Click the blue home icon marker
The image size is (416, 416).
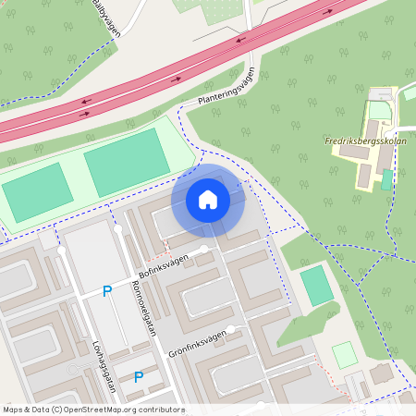pos(208,200)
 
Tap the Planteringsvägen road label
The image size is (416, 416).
pos(226,92)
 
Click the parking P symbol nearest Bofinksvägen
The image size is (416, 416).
pos(107,291)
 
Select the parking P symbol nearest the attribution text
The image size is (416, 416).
pos(139,376)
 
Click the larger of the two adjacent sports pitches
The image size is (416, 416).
pos(127,162)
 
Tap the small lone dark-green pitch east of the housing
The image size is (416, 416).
pos(317,286)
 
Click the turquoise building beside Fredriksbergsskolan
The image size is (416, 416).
pos(386,179)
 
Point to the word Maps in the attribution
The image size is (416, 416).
pos(14,410)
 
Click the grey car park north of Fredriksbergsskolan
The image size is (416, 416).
pos(380,110)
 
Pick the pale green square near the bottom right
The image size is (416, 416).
pos(344,355)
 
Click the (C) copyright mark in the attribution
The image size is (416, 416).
pos(57,410)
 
